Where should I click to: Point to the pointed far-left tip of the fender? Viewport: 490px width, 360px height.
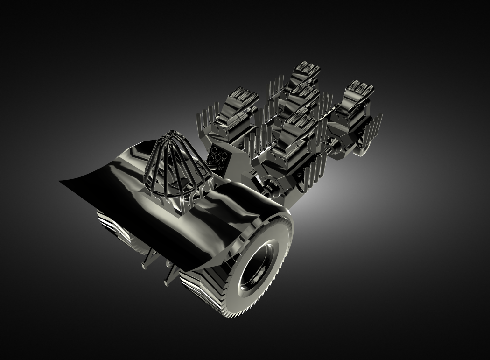pyautogui.click(x=61, y=182)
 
